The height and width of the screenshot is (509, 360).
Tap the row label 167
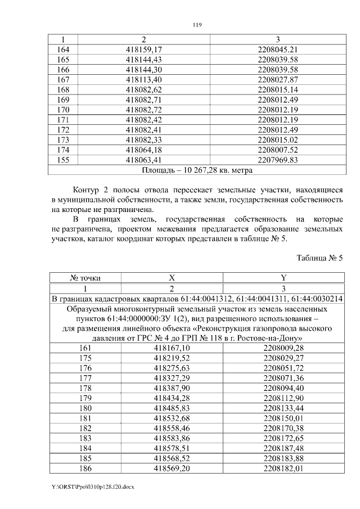(x=64, y=79)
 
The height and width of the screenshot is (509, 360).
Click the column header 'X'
(x=172, y=277)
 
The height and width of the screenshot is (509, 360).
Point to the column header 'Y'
(x=283, y=277)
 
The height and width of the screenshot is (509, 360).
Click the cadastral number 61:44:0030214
(x=318, y=298)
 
